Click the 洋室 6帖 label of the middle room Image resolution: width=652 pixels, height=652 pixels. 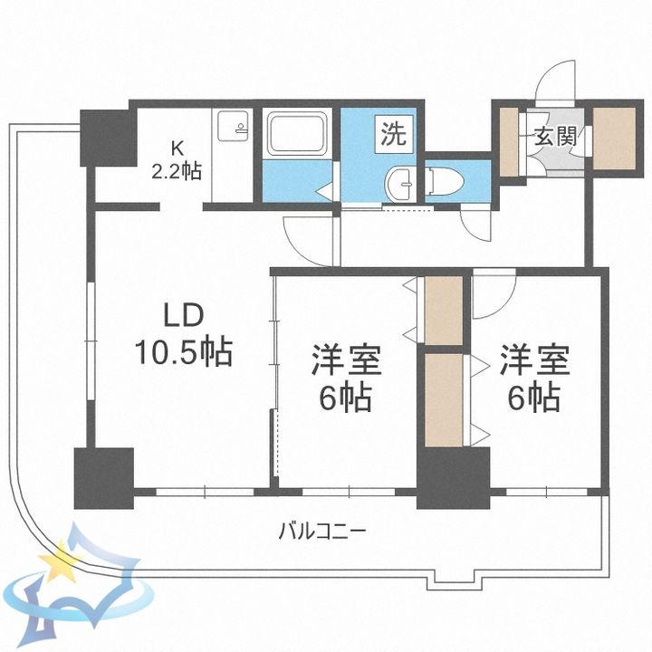[345, 379]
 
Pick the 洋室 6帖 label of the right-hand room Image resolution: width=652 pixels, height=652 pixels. [533, 377]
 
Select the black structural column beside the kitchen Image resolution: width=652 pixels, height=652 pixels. [105, 137]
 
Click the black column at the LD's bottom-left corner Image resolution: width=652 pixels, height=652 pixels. [103, 477]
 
